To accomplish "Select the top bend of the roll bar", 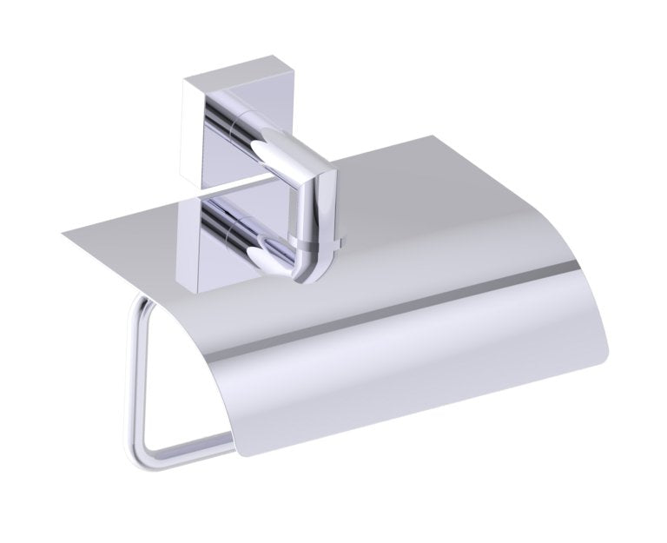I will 139,300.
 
